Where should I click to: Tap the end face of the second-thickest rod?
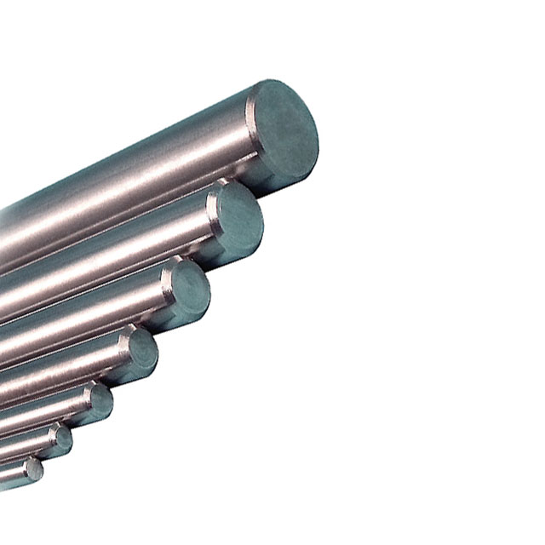[x=239, y=217]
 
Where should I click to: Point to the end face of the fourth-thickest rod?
[x=142, y=350]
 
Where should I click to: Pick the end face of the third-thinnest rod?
[x=100, y=401]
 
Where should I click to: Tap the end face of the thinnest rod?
[x=34, y=469]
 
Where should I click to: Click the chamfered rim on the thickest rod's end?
[x=255, y=136]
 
